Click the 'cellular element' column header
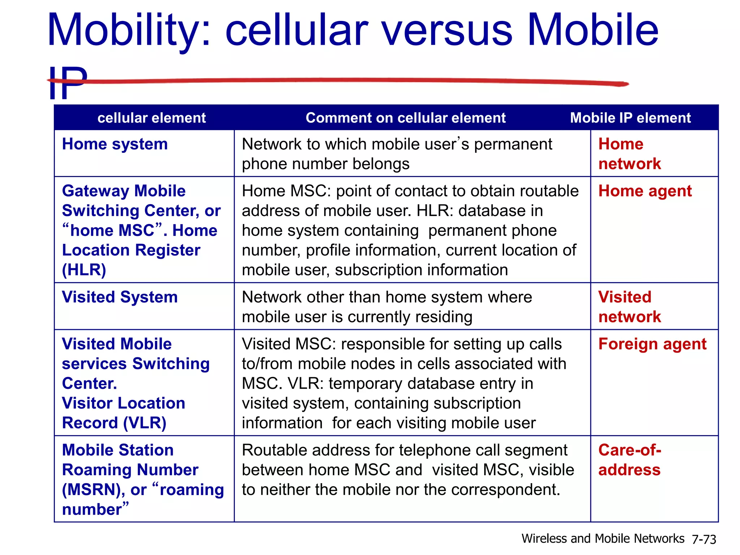pos(151,118)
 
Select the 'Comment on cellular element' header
pos(405,118)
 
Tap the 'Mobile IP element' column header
pos(630,118)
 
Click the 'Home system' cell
pos(115,144)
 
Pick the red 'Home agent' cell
pos(645,191)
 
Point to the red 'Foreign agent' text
pos(652,344)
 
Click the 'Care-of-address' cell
pos(629,460)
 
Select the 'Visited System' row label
pos(120,297)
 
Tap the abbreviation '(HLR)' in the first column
pos(84,270)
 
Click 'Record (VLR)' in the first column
pos(114,423)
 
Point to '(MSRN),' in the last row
pos(93,490)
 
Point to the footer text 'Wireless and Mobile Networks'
pos(603,539)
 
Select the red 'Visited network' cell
pos(629,307)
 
